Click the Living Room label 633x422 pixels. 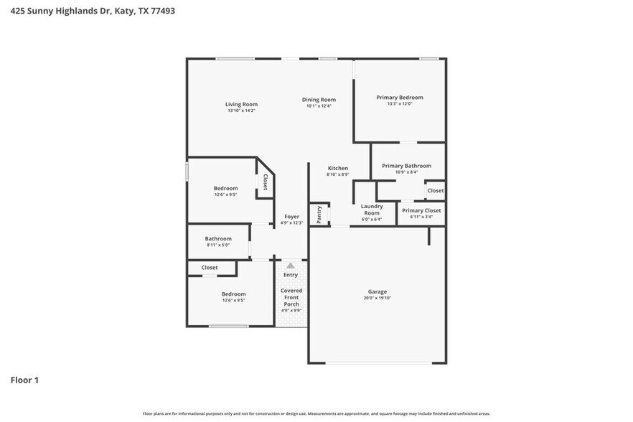click(241, 104)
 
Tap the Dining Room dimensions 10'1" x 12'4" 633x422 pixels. click(319, 106)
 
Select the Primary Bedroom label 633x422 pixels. click(400, 98)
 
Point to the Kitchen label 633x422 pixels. click(337, 168)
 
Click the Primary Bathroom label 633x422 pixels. click(406, 166)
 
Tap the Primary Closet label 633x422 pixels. click(421, 211)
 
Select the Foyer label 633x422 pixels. click(291, 216)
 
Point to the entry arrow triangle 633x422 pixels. click(291, 266)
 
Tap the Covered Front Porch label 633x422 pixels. click(291, 297)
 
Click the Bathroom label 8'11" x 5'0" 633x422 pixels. click(218, 239)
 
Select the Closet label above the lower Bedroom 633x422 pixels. click(209, 268)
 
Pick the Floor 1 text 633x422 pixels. click(24, 380)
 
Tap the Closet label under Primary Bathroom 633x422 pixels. click(435, 191)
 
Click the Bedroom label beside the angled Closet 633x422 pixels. click(225, 188)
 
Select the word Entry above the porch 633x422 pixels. click(291, 275)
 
